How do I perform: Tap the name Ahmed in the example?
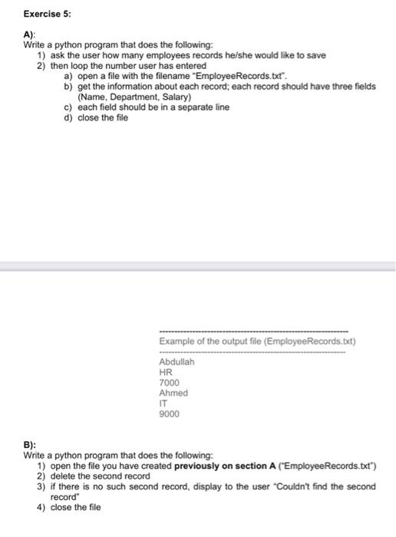click(x=173, y=393)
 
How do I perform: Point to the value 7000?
click(x=169, y=382)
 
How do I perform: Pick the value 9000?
click(x=169, y=413)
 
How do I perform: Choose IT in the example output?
click(x=163, y=403)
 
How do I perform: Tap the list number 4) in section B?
click(x=42, y=507)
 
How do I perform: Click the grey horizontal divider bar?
click(x=198, y=265)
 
